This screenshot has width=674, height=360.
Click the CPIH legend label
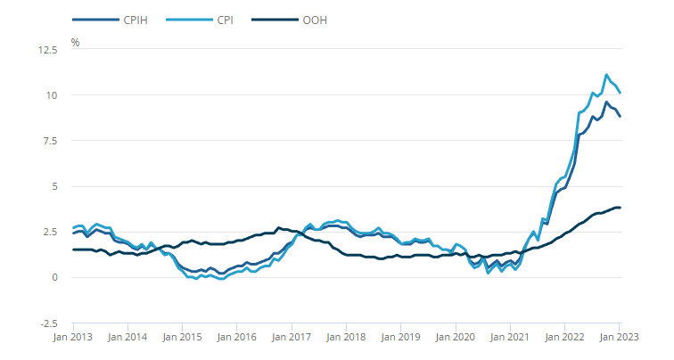coord(127,20)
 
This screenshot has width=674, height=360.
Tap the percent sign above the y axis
coord(75,42)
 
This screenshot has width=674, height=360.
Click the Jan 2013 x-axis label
coord(73,339)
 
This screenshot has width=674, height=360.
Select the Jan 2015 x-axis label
coord(182,339)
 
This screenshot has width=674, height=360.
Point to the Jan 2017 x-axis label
coord(292,339)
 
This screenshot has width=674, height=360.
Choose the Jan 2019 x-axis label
coord(400,339)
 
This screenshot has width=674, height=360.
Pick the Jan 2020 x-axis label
coord(455,339)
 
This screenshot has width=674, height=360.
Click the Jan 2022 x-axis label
coord(564,339)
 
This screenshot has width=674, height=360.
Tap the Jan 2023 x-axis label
coord(619,339)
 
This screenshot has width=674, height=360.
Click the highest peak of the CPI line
coord(606,75)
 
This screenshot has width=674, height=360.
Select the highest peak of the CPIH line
coord(606,102)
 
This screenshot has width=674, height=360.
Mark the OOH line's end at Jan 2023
coord(620,208)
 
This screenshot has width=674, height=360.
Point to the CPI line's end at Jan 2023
coord(620,93)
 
